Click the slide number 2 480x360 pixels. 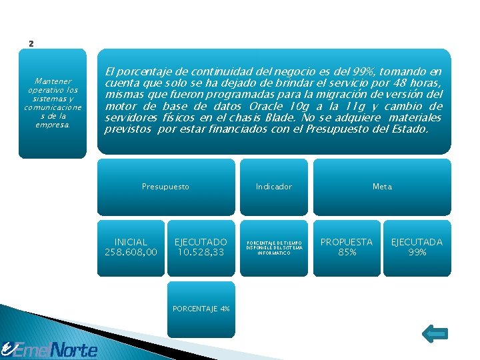[x=31, y=44]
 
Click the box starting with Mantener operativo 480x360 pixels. [x=52, y=103]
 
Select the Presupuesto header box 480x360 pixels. [x=165, y=187]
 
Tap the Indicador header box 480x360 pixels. [x=274, y=187]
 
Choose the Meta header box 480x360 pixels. [x=382, y=187]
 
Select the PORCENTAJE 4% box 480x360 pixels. [x=201, y=309]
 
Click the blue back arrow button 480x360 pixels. [x=435, y=333]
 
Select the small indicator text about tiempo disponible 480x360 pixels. [x=274, y=248]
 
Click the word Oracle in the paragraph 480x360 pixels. [x=269, y=107]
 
